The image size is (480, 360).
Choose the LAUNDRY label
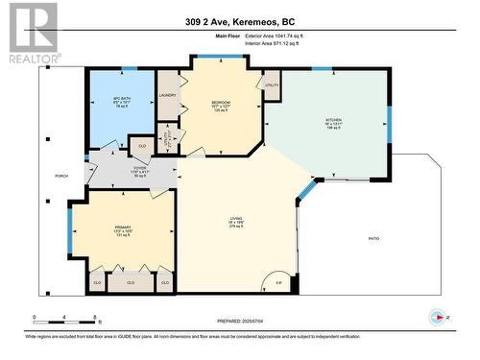tap(169, 94)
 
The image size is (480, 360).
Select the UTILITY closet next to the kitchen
tap(272, 85)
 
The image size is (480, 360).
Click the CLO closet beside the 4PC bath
tap(141, 146)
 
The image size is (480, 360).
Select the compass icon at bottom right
tap(441, 318)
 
